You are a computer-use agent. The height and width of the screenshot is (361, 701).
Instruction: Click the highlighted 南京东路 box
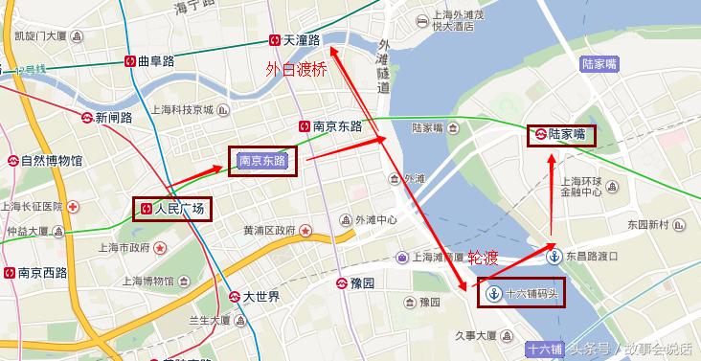(x=262, y=161)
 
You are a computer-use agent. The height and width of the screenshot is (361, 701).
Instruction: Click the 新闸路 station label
(x=113, y=118)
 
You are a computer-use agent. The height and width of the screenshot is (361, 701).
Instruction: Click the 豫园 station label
(x=362, y=282)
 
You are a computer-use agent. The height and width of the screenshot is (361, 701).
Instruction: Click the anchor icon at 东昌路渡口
(x=553, y=256)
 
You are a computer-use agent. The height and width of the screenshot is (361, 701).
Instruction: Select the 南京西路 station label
(x=42, y=273)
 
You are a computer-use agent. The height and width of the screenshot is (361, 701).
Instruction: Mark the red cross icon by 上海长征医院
(x=73, y=207)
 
